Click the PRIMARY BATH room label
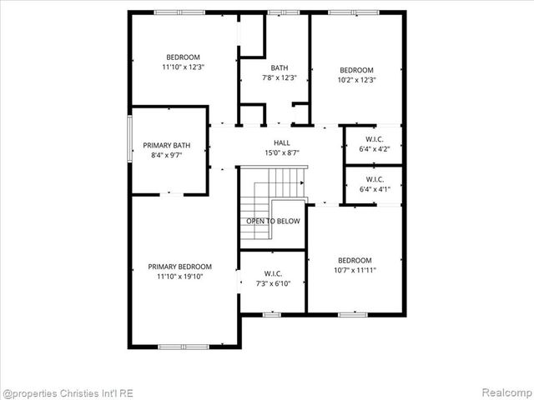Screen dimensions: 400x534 166,145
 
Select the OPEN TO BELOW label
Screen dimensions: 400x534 273,221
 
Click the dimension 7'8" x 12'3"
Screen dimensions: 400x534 280,77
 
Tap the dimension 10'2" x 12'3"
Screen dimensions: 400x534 356,80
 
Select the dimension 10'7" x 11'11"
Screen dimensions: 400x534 355,270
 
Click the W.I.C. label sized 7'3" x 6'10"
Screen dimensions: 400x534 273,273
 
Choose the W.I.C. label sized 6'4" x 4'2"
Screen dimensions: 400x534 375,139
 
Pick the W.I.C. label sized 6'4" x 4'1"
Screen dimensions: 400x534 375,179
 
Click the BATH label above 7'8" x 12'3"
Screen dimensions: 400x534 280,67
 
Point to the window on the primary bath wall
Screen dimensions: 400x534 129,142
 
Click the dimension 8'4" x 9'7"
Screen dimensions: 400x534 166,155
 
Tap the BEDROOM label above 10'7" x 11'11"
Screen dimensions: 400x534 355,260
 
